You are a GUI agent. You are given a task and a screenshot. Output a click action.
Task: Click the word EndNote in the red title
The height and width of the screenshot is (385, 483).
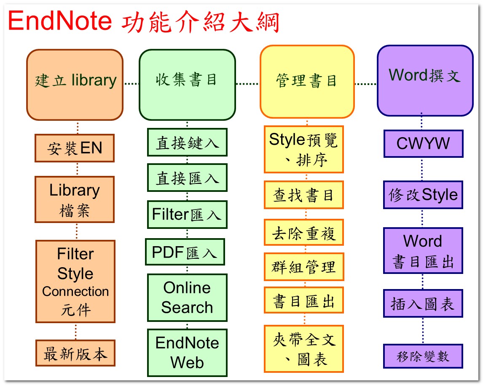click(60, 21)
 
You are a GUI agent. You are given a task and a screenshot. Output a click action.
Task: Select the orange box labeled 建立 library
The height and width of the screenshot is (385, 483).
click(75, 85)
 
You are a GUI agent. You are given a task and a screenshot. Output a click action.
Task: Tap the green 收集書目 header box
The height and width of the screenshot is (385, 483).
click(187, 85)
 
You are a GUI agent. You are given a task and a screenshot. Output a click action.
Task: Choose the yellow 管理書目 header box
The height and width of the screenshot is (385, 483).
click(307, 82)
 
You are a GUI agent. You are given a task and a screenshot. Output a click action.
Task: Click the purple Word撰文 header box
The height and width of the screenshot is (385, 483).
click(425, 80)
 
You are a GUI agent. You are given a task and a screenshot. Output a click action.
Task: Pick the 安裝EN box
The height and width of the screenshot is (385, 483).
click(75, 148)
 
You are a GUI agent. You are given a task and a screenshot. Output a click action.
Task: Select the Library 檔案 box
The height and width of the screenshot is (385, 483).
click(75, 199)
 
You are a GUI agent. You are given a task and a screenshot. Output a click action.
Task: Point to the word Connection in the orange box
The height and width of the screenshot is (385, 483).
click(75, 291)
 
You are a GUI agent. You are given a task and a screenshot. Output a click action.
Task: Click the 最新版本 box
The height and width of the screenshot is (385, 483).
click(75, 353)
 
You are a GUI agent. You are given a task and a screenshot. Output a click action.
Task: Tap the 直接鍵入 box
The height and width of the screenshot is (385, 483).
click(187, 142)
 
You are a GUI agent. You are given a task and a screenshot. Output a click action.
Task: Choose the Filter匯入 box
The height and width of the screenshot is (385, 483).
click(187, 215)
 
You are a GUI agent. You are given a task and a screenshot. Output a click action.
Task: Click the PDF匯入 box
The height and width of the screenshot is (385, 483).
click(185, 252)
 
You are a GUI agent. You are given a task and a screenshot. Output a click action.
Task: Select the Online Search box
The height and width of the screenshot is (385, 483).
click(187, 297)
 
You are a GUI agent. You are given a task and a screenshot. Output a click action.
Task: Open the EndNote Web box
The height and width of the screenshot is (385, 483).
click(187, 353)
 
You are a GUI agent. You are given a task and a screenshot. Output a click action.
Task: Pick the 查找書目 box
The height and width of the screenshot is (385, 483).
click(304, 195)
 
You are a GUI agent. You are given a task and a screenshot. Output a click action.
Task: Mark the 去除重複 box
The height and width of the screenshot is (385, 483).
click(304, 233)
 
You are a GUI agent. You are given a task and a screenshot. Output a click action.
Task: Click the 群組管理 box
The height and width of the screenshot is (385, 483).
click(304, 267)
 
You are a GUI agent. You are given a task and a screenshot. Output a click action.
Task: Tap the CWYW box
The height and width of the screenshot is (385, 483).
click(424, 143)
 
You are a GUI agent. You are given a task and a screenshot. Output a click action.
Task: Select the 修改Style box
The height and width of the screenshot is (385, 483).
click(423, 195)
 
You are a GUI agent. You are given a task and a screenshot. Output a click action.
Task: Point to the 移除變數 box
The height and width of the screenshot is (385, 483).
click(423, 356)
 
